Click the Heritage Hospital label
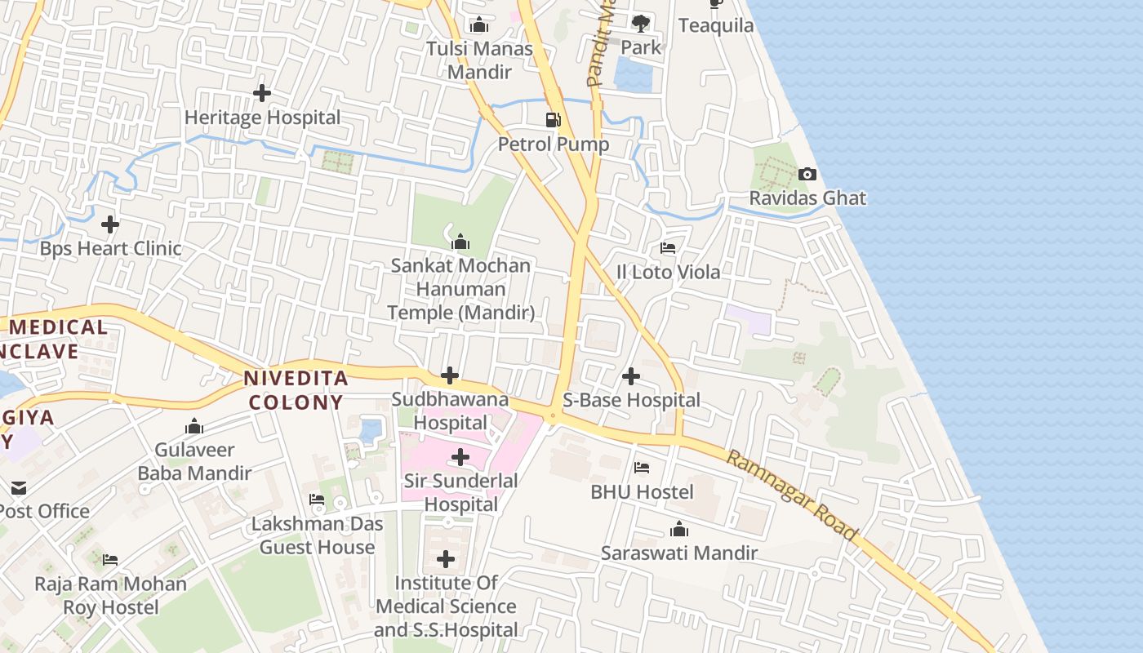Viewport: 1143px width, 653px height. pos(262,118)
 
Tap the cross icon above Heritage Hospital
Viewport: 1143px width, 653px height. pos(262,93)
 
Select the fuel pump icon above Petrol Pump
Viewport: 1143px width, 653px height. pos(554,120)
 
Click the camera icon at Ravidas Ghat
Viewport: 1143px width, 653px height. pos(807,174)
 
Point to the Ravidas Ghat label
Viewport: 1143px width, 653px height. pos(807,198)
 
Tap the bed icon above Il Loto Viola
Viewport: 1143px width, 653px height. pos(668,248)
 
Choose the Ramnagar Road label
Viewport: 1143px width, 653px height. pos(792,495)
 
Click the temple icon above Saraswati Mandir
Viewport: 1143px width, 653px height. pos(679,530)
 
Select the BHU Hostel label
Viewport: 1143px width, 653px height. pos(642,492)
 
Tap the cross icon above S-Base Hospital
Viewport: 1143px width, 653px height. pos(631,376)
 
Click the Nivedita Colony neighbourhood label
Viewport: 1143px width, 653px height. pos(296,390)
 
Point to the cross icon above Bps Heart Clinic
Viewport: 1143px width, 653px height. pos(110,224)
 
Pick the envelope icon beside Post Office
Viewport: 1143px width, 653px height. pos(18,488)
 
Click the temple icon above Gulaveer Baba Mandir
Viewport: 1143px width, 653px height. pos(194,426)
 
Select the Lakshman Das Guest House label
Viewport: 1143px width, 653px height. pos(317,535)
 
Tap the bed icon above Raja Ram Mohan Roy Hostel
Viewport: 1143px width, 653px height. pos(110,560)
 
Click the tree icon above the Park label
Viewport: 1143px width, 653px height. pos(641,23)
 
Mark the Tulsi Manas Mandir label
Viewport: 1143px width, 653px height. pos(479,60)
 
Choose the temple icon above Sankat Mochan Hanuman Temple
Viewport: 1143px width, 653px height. pos(460,242)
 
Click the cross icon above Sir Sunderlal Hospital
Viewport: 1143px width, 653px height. pos(460,457)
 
